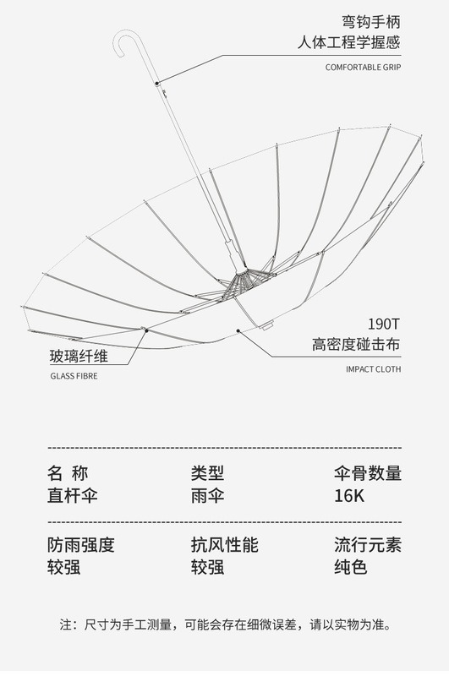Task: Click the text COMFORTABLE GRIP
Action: [363, 68]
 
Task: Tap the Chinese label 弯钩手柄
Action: [371, 22]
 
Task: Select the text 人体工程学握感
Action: [349, 43]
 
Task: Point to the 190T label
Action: [384, 324]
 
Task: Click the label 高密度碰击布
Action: [356, 345]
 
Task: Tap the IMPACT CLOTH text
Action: [373, 369]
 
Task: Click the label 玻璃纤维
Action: [79, 356]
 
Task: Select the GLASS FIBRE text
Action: [74, 376]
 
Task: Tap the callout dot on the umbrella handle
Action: [157, 84]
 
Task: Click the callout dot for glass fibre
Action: [146, 330]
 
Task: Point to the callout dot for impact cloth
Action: [238, 330]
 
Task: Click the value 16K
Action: [349, 496]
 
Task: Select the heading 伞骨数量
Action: [368, 473]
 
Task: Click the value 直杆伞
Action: [73, 495]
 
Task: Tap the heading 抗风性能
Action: [225, 544]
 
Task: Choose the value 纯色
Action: [350, 566]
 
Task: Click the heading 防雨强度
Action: [81, 544]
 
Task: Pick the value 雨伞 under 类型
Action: [207, 495]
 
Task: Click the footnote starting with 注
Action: [225, 624]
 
